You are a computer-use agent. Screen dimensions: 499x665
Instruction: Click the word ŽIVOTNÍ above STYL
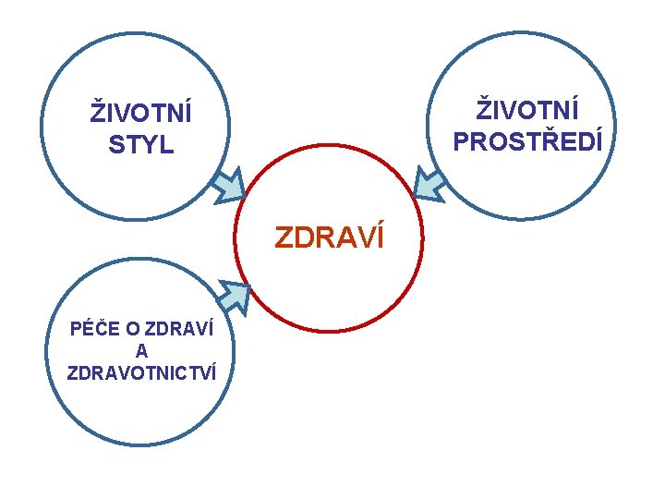point(140,115)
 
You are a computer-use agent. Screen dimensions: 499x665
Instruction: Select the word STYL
point(140,145)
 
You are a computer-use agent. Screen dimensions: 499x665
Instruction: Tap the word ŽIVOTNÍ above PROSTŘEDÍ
point(527,110)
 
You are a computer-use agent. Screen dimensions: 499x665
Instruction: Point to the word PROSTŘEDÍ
point(527,140)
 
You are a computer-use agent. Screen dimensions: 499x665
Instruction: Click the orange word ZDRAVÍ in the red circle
point(329,238)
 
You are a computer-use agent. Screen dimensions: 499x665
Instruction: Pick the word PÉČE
point(92,330)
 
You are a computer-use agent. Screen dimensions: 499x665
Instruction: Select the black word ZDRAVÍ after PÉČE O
point(180,330)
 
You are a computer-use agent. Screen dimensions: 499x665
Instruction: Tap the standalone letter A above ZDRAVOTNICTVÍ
point(141,351)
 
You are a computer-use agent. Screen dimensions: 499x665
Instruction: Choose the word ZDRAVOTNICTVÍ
point(141,372)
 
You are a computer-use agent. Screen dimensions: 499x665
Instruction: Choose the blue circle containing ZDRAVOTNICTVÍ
point(139,416)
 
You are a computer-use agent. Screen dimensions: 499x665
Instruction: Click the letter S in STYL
point(115,145)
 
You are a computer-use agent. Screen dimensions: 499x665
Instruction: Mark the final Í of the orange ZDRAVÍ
point(376,238)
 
